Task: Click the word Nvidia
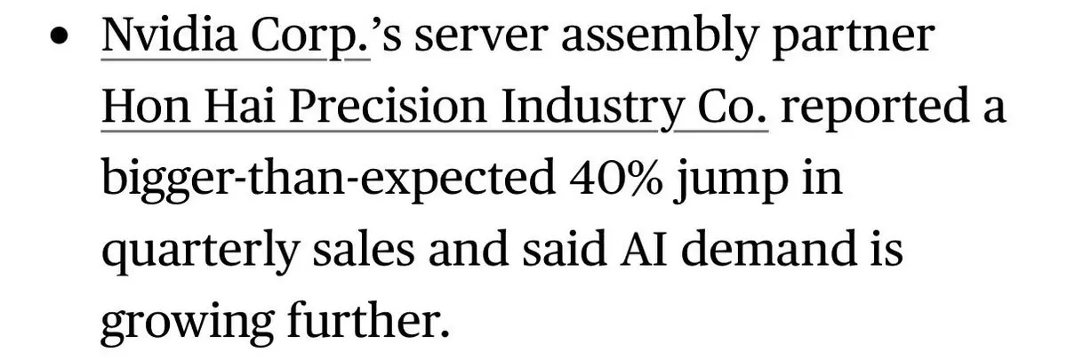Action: pos(169,36)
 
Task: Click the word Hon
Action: pos(146,106)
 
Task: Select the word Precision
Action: pos(389,106)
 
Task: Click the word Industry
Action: pos(593,108)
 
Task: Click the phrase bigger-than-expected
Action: pos(328,180)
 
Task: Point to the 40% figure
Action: pos(615,177)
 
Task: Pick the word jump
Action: pos(731,180)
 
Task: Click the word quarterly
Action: pos(201,252)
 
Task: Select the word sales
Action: pos(364,249)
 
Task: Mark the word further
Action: pos(368,319)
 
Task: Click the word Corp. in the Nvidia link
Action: pos(310,37)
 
